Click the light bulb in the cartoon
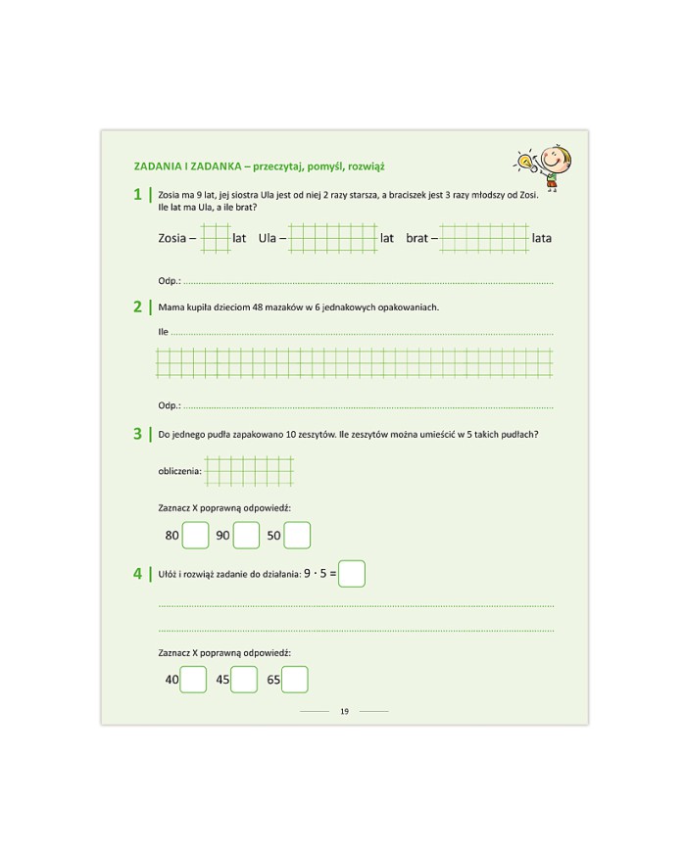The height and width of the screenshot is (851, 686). tap(525, 160)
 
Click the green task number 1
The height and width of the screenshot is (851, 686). tap(138, 195)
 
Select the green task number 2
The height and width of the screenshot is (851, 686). tap(138, 307)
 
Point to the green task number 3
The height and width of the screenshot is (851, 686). tap(138, 434)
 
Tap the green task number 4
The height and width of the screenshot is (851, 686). tap(138, 574)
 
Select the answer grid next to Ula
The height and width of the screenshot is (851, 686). tap(333, 238)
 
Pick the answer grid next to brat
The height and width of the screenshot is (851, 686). tap(483, 238)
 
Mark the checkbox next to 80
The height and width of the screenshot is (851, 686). tap(196, 536)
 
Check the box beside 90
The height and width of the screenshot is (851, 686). tap(246, 536)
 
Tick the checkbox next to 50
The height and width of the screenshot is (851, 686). tap(297, 536)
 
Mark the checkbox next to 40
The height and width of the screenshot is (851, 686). tap(194, 679)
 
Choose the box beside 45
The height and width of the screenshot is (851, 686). tap(244, 679)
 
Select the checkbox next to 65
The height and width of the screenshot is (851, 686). tap(295, 679)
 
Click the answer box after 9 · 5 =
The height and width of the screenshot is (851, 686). tap(352, 573)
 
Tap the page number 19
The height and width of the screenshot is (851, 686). tap(344, 711)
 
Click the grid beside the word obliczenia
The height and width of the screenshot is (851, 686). tap(249, 471)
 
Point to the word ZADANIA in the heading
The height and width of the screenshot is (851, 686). tap(157, 165)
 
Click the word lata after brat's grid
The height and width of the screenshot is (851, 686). tap(542, 238)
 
